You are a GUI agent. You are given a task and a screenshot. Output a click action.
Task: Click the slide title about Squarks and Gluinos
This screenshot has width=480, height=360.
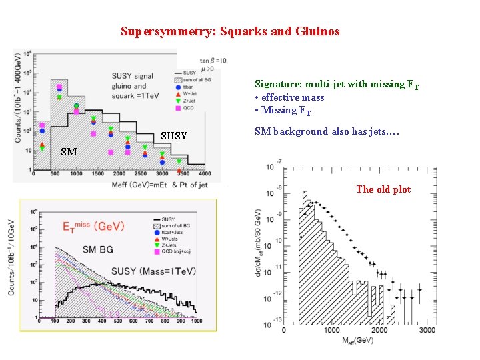(x=230, y=31)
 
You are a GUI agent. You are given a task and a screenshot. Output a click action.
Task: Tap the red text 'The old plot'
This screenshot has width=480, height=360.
(x=383, y=189)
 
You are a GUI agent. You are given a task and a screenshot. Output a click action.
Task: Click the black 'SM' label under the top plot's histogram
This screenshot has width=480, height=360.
(x=69, y=152)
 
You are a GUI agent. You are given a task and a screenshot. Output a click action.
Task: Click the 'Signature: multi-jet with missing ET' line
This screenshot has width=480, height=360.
(x=337, y=84)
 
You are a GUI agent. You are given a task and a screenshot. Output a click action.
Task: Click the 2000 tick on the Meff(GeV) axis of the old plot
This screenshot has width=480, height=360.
(x=379, y=331)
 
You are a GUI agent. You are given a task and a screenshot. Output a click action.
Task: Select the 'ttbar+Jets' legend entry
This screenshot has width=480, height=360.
(x=175, y=231)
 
